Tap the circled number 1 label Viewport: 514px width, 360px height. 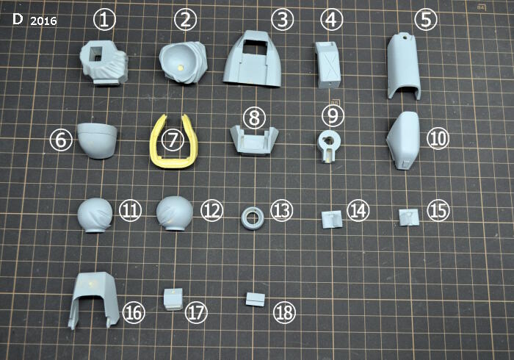(x=104, y=19)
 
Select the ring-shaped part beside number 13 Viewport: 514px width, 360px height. (x=253, y=218)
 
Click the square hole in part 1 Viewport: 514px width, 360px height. (x=96, y=54)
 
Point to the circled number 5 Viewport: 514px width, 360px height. (x=425, y=19)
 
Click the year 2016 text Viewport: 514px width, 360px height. (x=43, y=21)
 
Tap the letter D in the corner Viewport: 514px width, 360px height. (x=18, y=19)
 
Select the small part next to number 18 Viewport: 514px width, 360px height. (x=256, y=299)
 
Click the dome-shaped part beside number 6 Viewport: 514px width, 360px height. (x=98, y=140)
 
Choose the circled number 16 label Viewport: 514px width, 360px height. (x=134, y=312)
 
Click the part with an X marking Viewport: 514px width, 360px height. (x=327, y=65)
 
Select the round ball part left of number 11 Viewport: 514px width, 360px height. (x=95, y=215)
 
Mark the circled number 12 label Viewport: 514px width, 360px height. (x=212, y=210)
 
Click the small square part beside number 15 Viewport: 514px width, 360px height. (x=409, y=217)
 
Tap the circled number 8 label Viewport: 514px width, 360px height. (x=254, y=118)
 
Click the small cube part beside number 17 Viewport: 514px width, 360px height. (x=173, y=299)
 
